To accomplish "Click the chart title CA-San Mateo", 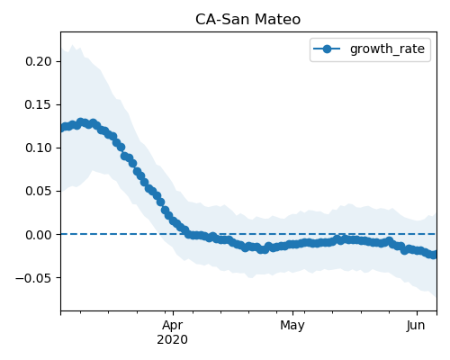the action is tap(247, 20).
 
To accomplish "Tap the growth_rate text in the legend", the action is tap(387, 49).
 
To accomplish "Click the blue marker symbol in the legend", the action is tap(327, 49).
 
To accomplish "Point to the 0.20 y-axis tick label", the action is tap(39, 61).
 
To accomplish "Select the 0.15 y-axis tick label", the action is tap(39, 104).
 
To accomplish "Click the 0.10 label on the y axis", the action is tap(39, 148).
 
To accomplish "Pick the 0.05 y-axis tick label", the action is tap(39, 191).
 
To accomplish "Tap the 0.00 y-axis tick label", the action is tap(39, 235).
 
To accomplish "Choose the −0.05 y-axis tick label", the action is tap(33, 278).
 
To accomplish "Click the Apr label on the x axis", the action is tap(173, 326).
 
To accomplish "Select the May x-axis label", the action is tap(292, 326).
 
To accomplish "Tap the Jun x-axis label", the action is tap(416, 326).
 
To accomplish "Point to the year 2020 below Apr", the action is tap(173, 340).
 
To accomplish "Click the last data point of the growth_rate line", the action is tap(433, 255).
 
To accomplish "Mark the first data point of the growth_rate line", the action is tap(64, 128).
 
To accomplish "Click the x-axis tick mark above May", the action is tap(292, 313).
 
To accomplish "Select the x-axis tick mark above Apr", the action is tap(173, 313).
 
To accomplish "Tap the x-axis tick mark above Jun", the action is tap(417, 313).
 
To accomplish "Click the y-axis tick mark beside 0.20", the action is tap(58, 61).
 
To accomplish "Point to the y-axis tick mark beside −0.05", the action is tap(58, 278).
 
